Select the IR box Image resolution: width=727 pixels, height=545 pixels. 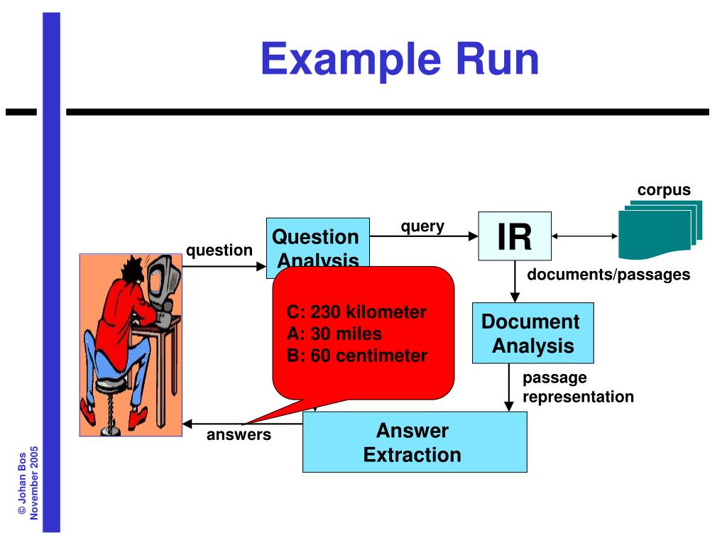tap(514, 237)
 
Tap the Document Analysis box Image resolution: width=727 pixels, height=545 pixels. tap(532, 334)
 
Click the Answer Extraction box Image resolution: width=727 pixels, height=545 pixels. tap(414, 442)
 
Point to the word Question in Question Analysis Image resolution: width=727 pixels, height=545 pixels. tap(316, 236)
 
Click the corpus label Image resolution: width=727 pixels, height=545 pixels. tap(663, 190)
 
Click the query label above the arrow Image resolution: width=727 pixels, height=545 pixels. tap(422, 226)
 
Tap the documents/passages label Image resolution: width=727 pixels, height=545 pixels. tap(608, 275)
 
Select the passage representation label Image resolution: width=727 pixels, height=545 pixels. tap(578, 387)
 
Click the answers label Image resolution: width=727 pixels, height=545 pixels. tap(239, 434)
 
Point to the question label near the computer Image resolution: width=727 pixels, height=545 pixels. tap(219, 250)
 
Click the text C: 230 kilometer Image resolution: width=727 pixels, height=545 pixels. tap(356, 312)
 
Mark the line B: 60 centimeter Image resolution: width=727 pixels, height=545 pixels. tap(357, 356)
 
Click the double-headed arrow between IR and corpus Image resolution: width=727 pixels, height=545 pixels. tap(584, 236)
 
